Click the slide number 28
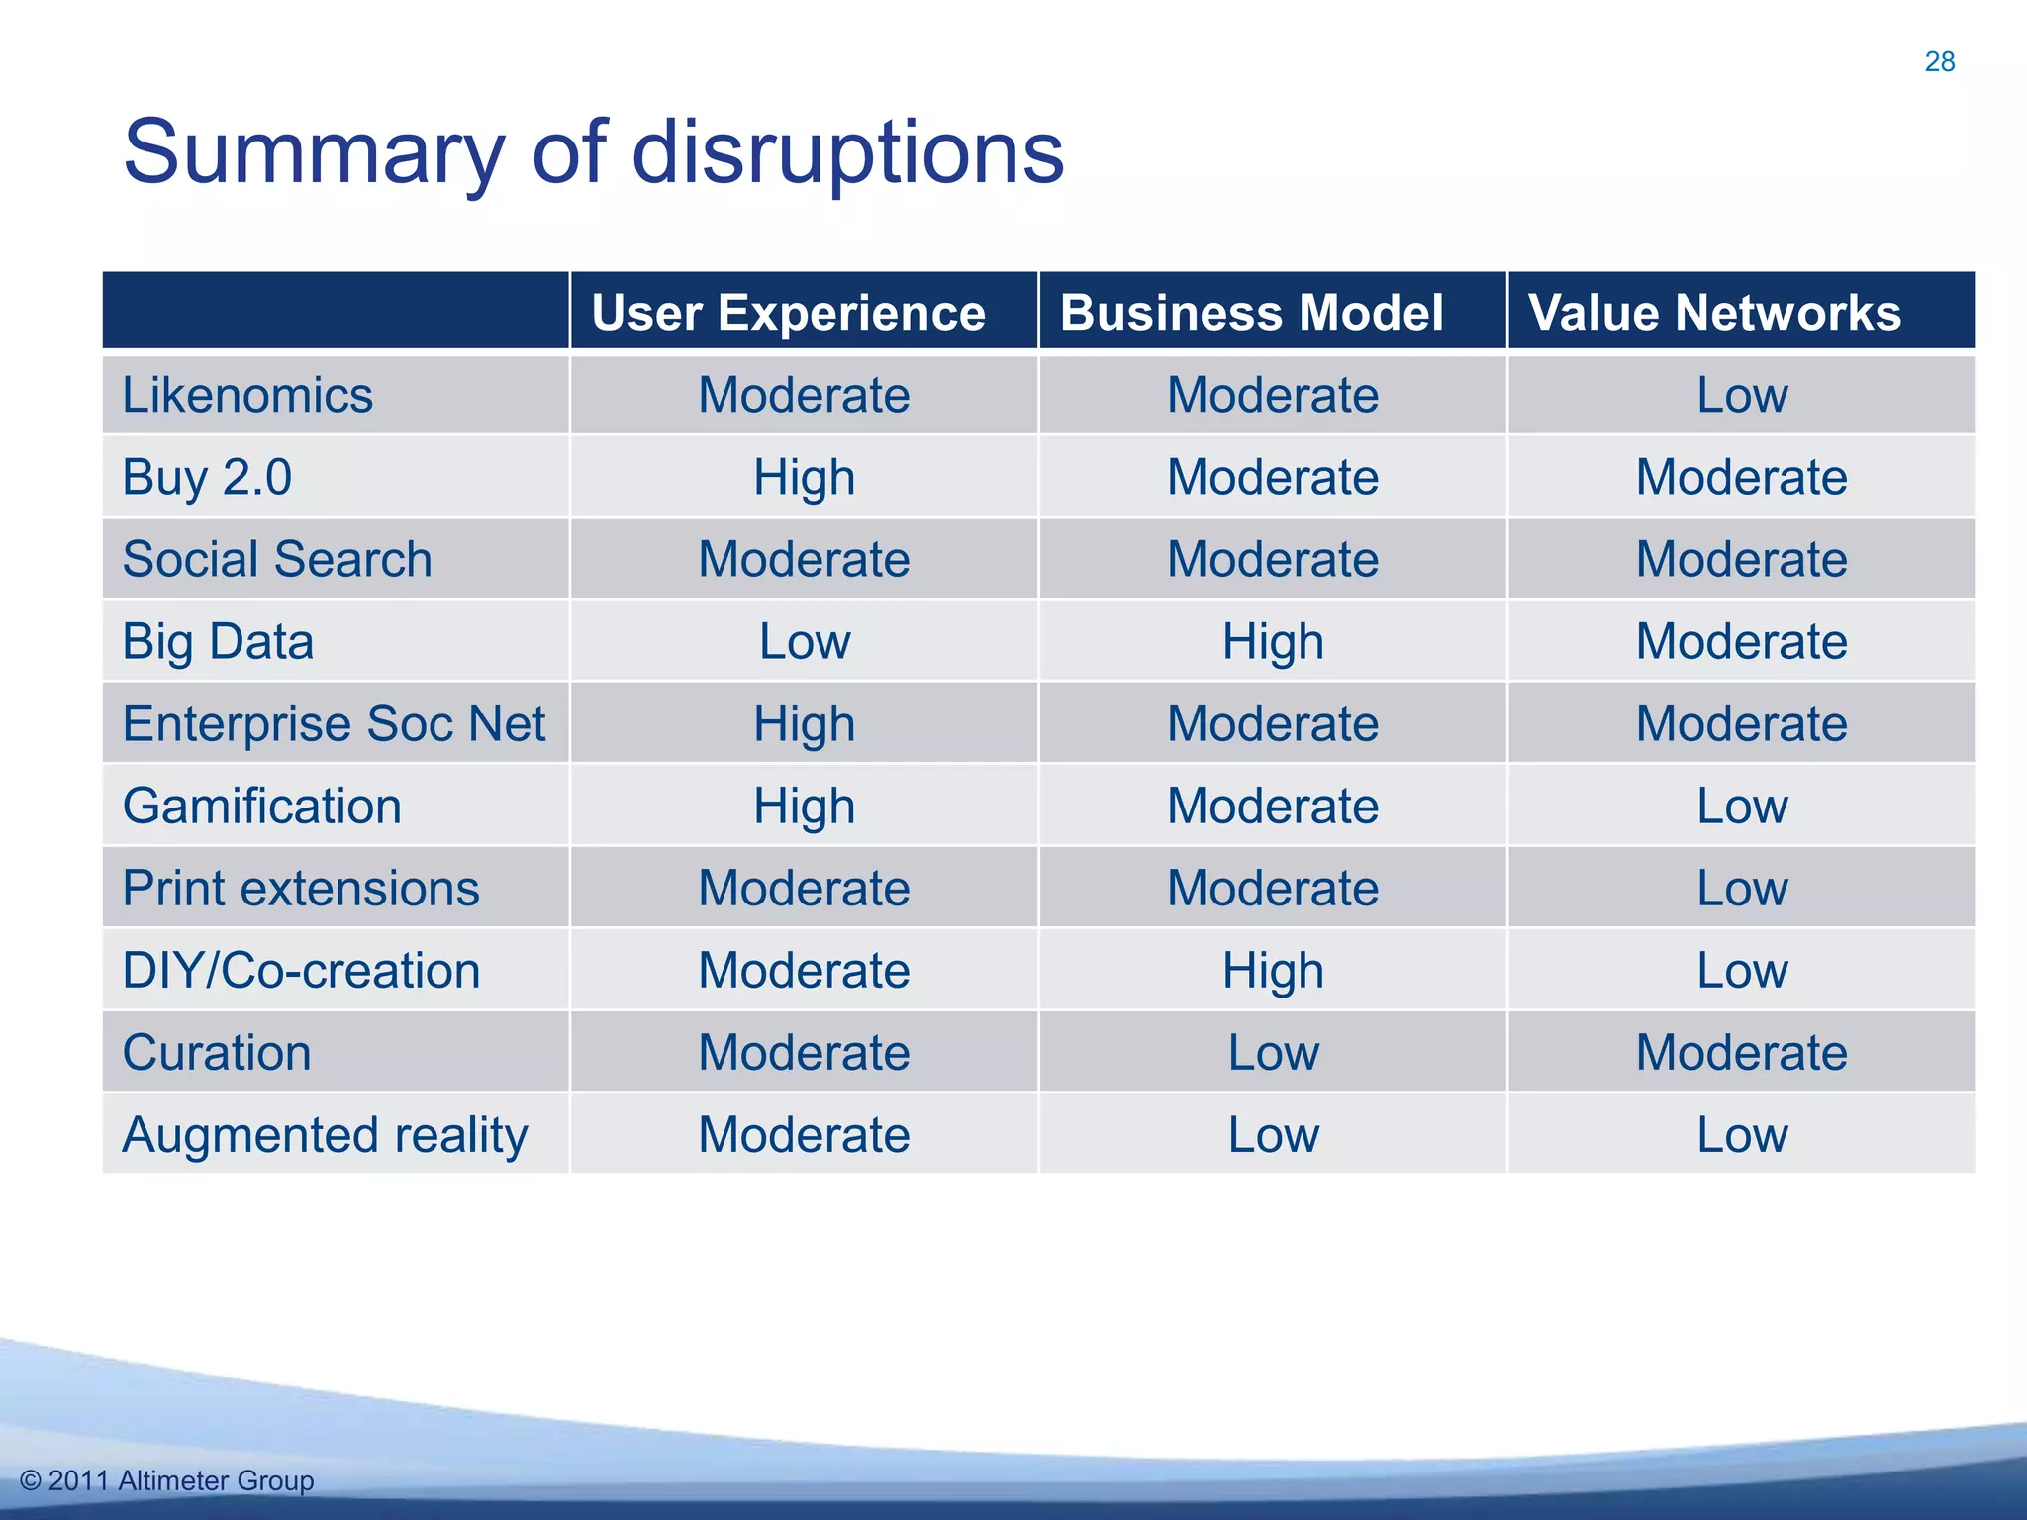(x=1939, y=62)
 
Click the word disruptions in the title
(x=847, y=153)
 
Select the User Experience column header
(x=788, y=313)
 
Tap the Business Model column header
(x=1251, y=313)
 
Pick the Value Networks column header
(x=1714, y=313)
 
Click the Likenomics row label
(x=247, y=396)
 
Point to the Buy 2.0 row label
(x=207, y=478)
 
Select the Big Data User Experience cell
(x=804, y=642)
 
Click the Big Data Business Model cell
(x=1273, y=642)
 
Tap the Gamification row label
(x=262, y=807)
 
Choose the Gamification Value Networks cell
(x=1742, y=807)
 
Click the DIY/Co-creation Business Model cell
(x=1273, y=971)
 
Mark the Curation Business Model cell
(x=1273, y=1053)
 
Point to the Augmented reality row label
(x=325, y=1135)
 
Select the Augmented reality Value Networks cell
(x=1742, y=1135)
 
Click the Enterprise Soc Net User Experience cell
(x=804, y=724)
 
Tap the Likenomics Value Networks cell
(x=1742, y=396)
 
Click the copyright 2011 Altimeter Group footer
(x=167, y=1480)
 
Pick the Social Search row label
(x=277, y=560)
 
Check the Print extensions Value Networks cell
(x=1742, y=889)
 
